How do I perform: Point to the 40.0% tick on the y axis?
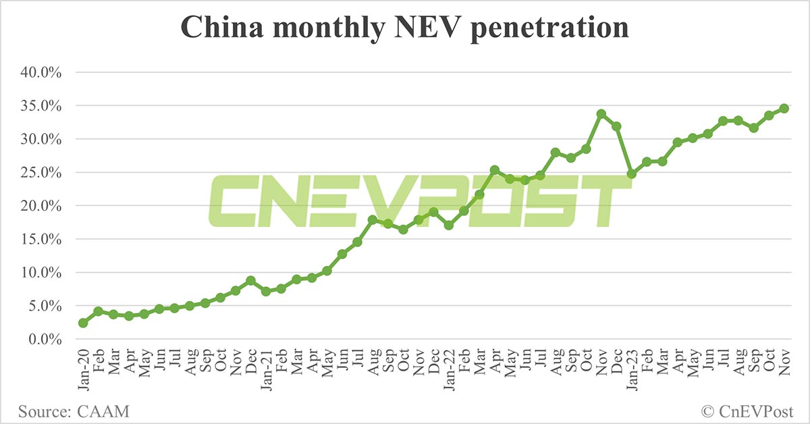pos(42,73)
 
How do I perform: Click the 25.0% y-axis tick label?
pos(42,173)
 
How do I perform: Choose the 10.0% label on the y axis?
pos(42,273)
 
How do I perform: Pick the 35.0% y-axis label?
pos(42,106)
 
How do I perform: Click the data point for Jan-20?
pos(83,323)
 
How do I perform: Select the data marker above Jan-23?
pos(632,174)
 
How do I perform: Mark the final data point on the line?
pos(784,108)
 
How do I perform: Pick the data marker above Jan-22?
pos(449,225)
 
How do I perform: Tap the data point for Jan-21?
pos(266,291)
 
